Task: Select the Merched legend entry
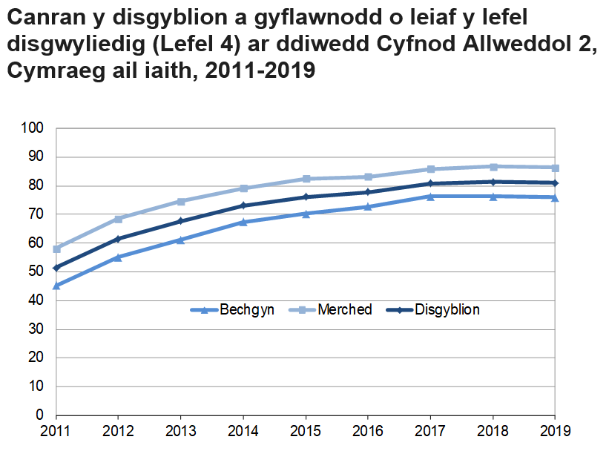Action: pyautogui.click(x=332, y=310)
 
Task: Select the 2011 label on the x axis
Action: pyautogui.click(x=56, y=431)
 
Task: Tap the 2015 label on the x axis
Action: pyautogui.click(x=306, y=431)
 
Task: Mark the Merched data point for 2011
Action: pyautogui.click(x=56, y=248)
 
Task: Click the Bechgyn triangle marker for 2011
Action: pyautogui.click(x=56, y=286)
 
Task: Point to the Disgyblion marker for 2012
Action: pyautogui.click(x=119, y=239)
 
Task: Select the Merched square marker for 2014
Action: pyautogui.click(x=243, y=188)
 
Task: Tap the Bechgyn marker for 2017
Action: pyautogui.click(x=430, y=196)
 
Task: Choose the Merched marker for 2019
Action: pyautogui.click(x=555, y=168)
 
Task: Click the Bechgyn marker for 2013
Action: pyautogui.click(x=181, y=240)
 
